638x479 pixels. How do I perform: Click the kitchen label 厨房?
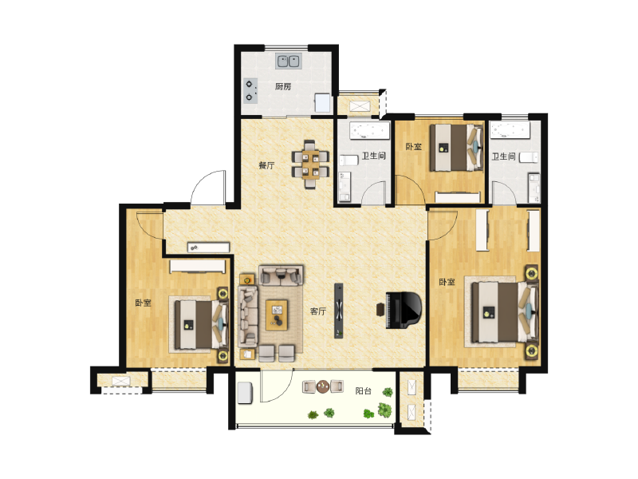tap(283, 86)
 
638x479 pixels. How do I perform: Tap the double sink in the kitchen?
tap(288, 61)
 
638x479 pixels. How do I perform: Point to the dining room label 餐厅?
tap(266, 165)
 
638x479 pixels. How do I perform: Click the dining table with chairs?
tap(310, 164)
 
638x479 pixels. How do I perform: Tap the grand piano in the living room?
tap(403, 310)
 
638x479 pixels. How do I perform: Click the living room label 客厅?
tap(318, 311)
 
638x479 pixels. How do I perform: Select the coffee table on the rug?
tap(277, 315)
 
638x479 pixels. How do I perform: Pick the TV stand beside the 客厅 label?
tap(338, 311)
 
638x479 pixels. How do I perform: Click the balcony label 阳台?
tap(364, 391)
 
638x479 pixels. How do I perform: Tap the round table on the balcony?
tap(323, 386)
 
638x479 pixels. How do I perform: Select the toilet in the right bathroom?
tap(529, 157)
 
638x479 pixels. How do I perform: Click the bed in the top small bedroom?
tap(456, 147)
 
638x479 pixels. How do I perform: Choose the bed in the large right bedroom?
tap(505, 312)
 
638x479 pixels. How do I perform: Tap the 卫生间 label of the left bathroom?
tap(373, 156)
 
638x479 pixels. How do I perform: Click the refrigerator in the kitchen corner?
tap(323, 103)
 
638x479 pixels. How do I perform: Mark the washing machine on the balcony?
tap(245, 393)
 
